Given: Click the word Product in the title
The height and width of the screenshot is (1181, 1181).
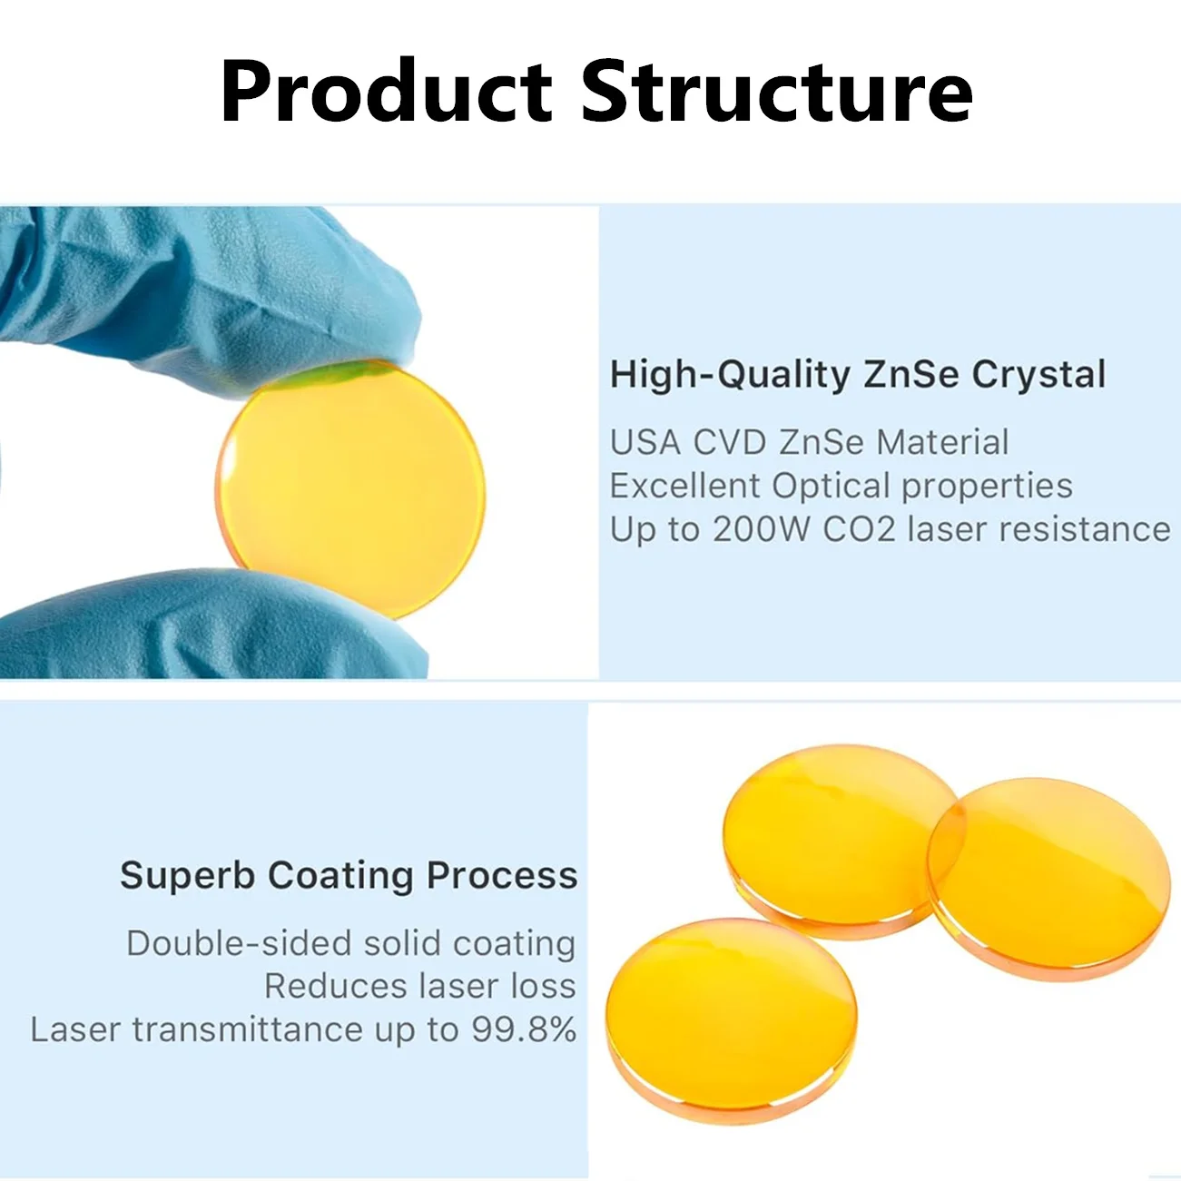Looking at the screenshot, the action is pyautogui.click(x=386, y=91).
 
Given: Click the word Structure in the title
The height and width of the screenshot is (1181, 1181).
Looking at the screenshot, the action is pyautogui.click(x=776, y=91).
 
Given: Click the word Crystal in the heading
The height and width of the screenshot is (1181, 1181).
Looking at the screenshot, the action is pyautogui.click(x=1039, y=375).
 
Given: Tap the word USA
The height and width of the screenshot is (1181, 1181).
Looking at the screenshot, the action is pyautogui.click(x=645, y=442).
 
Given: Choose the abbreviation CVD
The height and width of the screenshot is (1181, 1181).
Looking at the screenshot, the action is pyautogui.click(x=730, y=442).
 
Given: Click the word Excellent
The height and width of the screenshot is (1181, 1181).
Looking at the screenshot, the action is pyautogui.click(x=684, y=486).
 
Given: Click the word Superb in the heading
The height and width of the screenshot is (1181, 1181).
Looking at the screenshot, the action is pyautogui.click(x=187, y=876).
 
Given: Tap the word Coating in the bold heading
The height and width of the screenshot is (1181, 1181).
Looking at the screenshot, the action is pyautogui.click(x=340, y=876).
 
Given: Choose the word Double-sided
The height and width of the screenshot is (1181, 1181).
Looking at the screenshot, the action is pyautogui.click(x=239, y=943).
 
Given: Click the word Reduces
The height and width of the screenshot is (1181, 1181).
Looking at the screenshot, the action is pyautogui.click(x=336, y=987).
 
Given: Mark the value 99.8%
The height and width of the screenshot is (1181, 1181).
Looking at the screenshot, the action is pyautogui.click(x=524, y=1029).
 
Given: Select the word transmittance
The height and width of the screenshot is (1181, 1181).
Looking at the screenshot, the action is pyautogui.click(x=248, y=1029).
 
